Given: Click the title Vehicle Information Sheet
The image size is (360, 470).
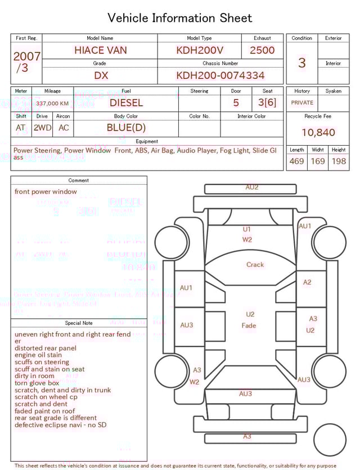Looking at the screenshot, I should click(179, 18).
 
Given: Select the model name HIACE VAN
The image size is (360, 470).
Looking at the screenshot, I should click(101, 50).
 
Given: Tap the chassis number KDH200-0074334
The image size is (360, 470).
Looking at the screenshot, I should click(220, 75).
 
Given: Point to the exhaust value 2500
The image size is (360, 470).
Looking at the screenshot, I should click(262, 50).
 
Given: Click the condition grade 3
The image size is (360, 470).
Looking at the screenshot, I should click(301, 62).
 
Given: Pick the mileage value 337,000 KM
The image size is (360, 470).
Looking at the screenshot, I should click(52, 104).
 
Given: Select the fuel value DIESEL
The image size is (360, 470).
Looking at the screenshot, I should click(126, 103).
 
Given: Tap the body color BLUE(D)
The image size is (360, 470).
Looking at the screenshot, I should click(126, 128).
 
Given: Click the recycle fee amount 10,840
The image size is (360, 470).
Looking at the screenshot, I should click(318, 133).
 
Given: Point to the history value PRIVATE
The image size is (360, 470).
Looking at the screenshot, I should click(302, 103).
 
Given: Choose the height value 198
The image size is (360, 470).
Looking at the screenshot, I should click(339, 162).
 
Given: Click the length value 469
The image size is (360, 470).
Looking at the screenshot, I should click(296, 162).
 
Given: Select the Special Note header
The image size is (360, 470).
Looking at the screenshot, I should click(79, 323).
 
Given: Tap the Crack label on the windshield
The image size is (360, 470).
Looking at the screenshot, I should click(255, 265).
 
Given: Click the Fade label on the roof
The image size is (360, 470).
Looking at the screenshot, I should click(249, 325).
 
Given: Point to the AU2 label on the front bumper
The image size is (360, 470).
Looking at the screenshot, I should click(251, 187).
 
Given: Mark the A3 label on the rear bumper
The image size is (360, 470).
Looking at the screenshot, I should click(247, 436).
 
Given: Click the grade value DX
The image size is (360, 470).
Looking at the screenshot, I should click(101, 75).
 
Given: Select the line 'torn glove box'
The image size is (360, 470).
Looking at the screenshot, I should click(37, 383).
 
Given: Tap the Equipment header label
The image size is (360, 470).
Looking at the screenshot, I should click(147, 141).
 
